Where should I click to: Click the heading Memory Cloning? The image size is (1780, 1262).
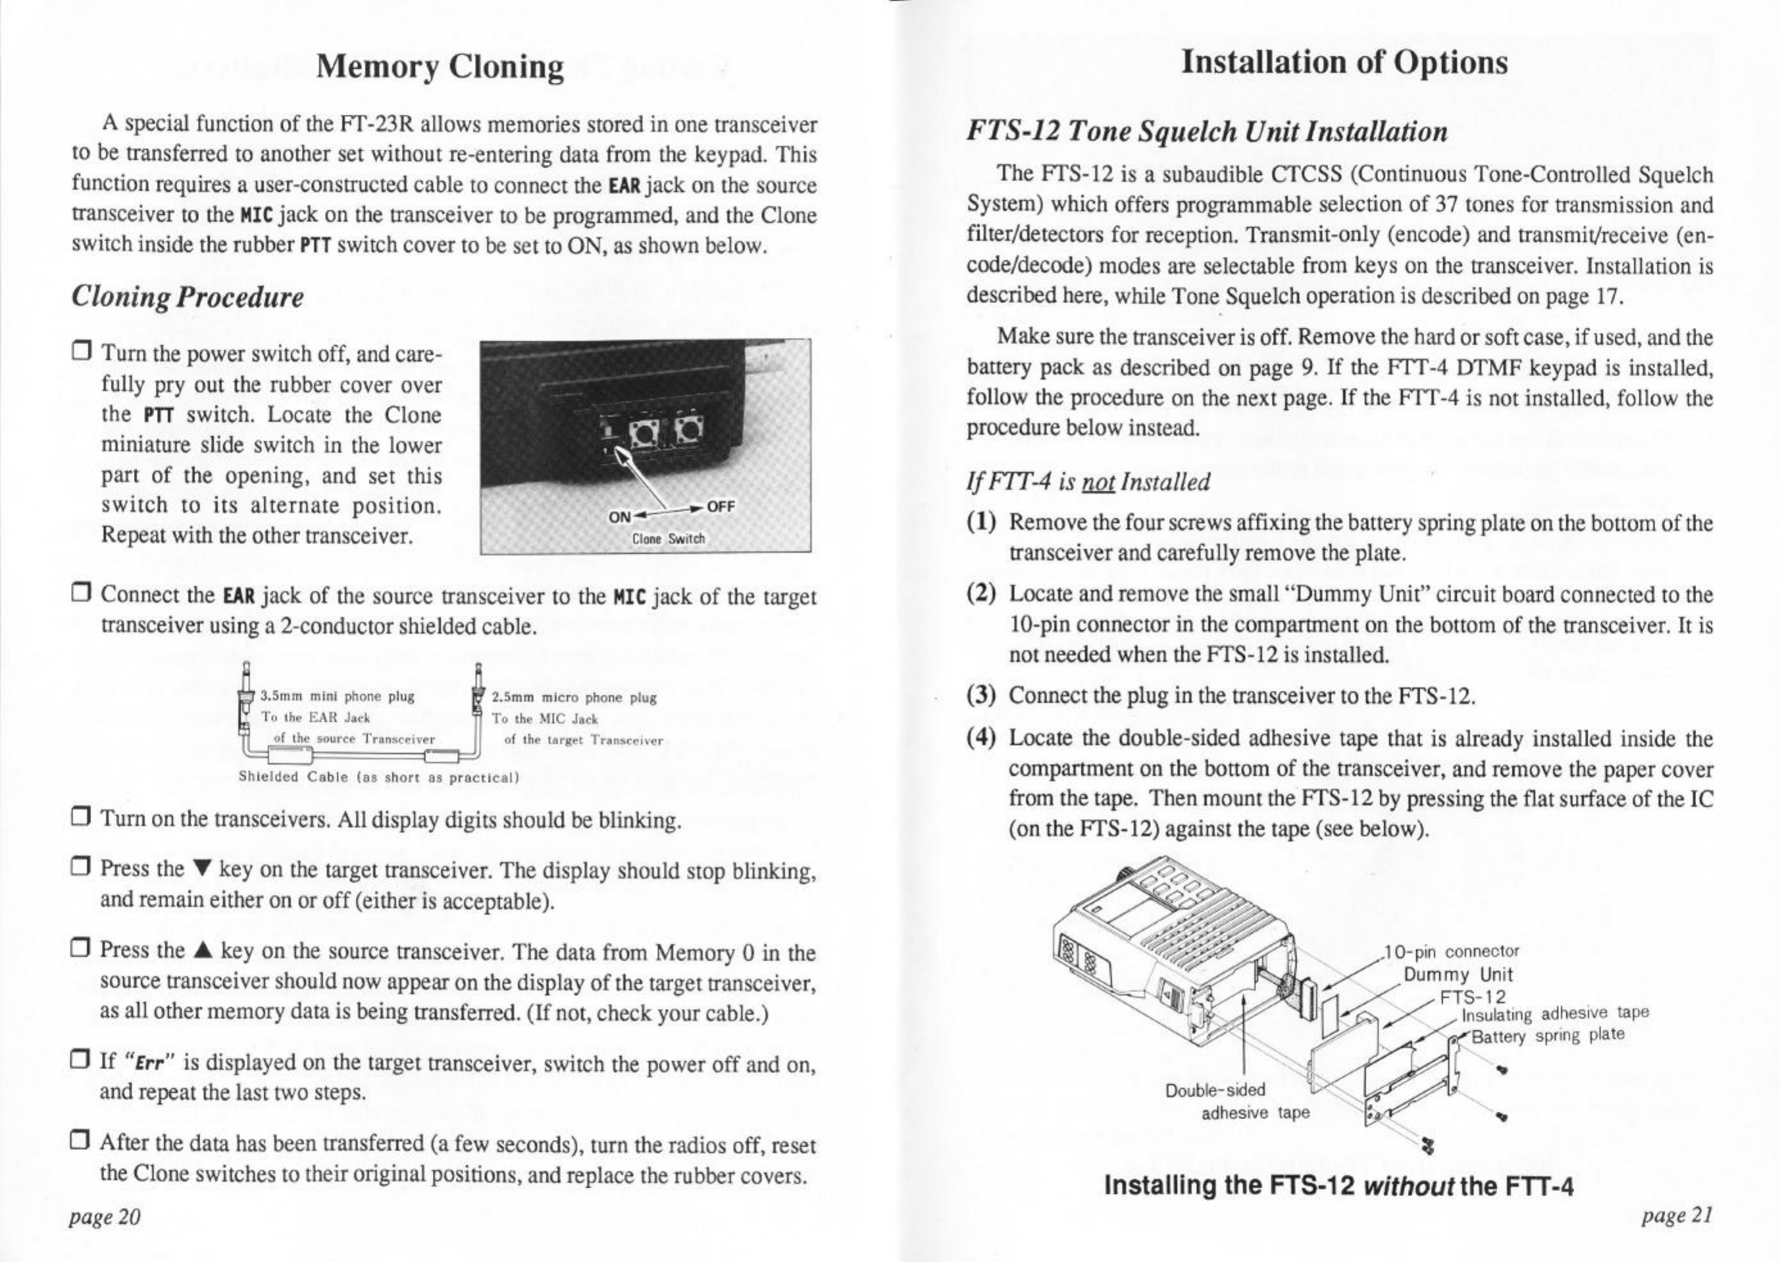[441, 67]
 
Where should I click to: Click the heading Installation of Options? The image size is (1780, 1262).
[1344, 62]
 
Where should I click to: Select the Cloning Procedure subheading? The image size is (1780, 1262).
[187, 296]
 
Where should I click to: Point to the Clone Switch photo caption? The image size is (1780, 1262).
[668, 539]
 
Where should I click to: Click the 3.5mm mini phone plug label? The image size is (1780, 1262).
[337, 696]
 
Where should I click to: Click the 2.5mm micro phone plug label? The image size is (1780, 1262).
[574, 698]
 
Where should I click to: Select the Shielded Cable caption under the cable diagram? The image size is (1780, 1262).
[378, 777]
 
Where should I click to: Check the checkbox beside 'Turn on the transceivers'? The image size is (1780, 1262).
[80, 819]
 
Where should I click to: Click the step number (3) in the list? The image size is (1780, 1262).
[981, 694]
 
